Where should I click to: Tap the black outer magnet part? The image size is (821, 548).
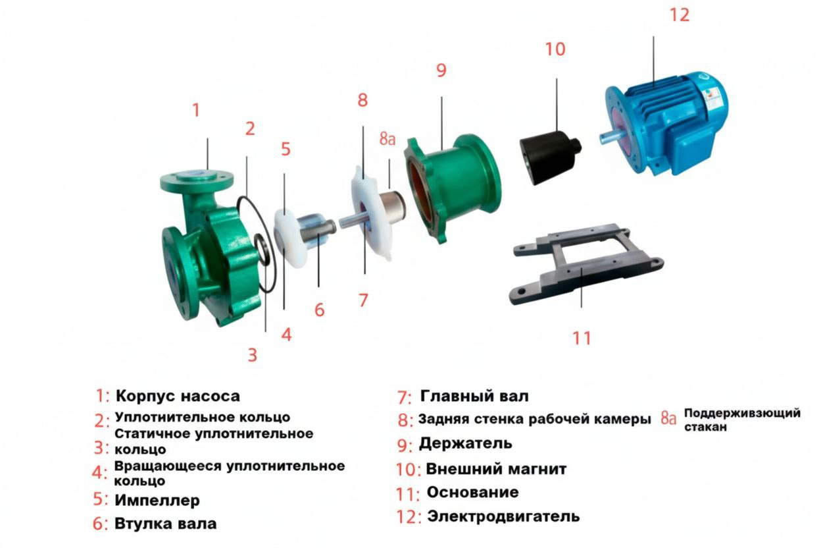550,157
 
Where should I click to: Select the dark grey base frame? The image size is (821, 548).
586,263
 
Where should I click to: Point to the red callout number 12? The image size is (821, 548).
680,15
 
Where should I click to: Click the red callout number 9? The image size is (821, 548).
441,70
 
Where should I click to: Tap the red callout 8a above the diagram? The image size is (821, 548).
387,138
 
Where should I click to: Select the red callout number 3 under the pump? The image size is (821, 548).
253,355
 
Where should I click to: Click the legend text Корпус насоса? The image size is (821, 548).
178,397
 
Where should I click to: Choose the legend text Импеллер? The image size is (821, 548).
157,501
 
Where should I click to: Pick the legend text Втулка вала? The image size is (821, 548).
165,524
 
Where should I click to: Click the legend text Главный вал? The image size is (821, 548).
474,397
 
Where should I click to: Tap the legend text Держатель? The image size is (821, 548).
466,443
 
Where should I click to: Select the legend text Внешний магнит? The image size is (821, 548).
496,469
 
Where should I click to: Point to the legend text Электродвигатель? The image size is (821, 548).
504,516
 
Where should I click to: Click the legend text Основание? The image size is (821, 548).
473,492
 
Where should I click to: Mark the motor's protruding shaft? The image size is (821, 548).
610,138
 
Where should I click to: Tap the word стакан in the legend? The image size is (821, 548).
705,427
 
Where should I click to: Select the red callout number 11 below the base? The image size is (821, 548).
582,338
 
